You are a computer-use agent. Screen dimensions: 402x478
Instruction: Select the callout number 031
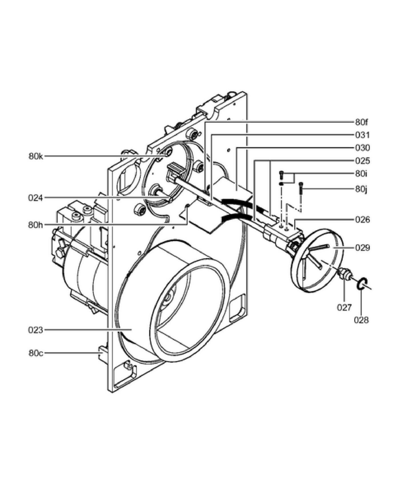tap(362, 135)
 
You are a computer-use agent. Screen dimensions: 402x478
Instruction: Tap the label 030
tap(362, 148)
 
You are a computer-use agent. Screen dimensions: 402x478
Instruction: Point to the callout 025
tap(362, 161)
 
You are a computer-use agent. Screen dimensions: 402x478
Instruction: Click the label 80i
tap(361, 174)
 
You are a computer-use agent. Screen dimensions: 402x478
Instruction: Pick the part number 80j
tap(361, 189)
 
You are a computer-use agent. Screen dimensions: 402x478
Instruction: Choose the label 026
tap(362, 219)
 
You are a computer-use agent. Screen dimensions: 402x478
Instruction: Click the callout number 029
tap(362, 248)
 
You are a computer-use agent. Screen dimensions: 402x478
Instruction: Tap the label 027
tap(344, 307)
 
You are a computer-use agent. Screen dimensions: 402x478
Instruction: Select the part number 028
tap(361, 320)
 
